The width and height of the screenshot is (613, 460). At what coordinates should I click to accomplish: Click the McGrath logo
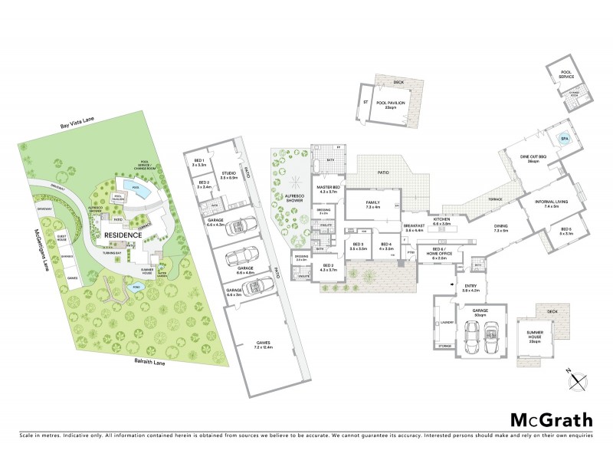point(552,419)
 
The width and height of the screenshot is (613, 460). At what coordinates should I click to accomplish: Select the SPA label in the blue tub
point(565,139)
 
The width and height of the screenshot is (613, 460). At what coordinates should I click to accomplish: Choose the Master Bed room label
point(329,189)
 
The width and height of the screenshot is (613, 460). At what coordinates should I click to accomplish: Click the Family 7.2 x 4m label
point(373,205)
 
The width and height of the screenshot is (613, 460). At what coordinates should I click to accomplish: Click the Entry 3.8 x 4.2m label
point(469,288)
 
